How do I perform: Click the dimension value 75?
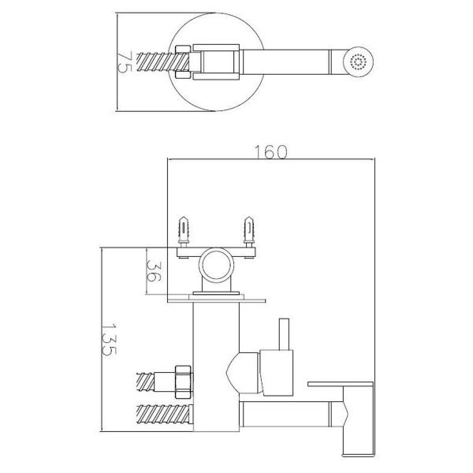(125, 62)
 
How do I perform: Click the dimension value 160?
(270, 152)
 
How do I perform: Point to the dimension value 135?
(109, 340)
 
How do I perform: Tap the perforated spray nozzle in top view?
(359, 62)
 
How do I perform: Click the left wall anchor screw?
(184, 230)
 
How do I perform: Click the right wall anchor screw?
(249, 230)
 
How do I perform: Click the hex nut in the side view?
(183, 382)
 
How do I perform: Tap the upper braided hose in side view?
(145, 382)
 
